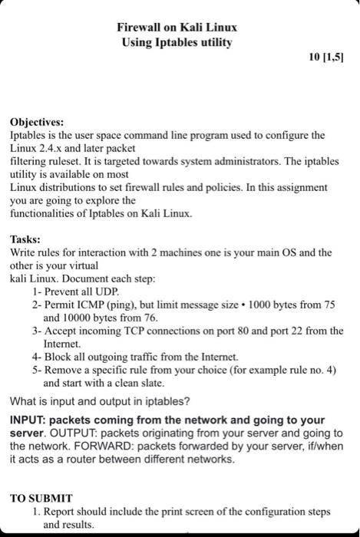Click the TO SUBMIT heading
pyautogui.click(x=41, y=497)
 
